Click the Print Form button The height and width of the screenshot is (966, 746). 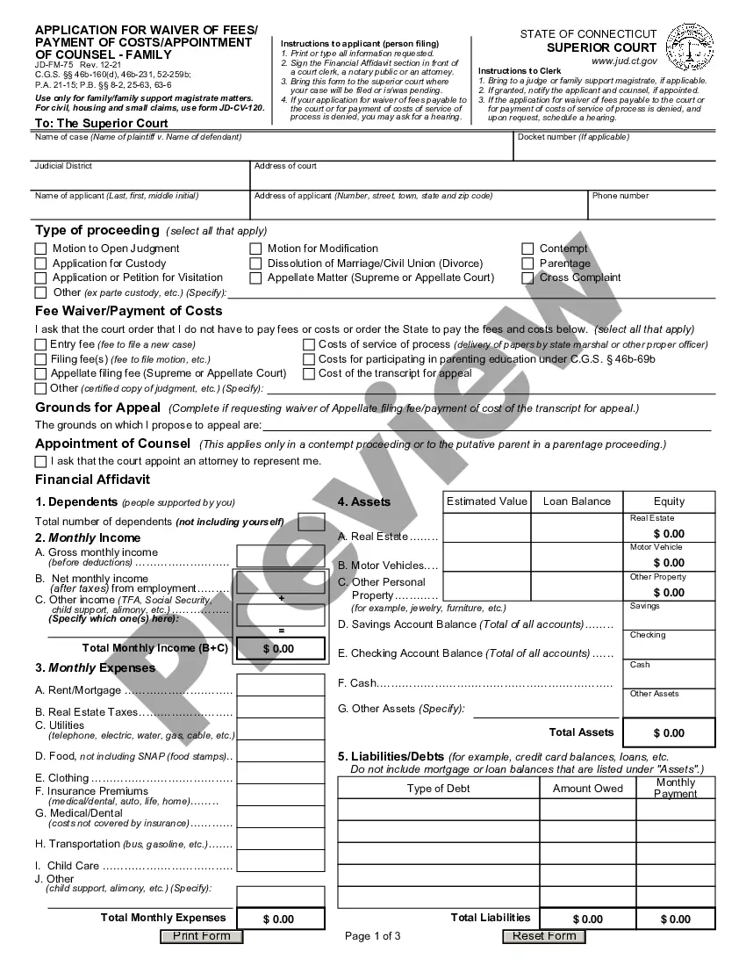tap(201, 936)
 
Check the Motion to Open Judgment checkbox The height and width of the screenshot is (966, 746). tap(41, 249)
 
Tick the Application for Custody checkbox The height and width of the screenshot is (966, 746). tap(41, 263)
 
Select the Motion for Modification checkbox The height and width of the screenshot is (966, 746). tap(256, 249)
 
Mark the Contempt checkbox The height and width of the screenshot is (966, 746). tap(528, 249)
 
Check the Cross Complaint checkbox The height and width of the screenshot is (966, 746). tap(528, 278)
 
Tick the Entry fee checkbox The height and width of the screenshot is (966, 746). tap(40, 344)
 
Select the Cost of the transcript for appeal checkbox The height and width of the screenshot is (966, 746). tap(309, 373)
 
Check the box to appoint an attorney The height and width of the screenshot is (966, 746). tap(40, 461)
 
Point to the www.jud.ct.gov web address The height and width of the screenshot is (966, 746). tap(624, 61)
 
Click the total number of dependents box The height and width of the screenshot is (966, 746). tap(311, 522)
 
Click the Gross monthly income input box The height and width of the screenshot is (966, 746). tap(281, 556)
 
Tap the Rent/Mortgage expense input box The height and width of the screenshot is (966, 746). tap(281, 686)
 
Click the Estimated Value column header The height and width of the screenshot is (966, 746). tap(487, 501)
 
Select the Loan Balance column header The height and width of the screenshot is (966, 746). tap(577, 501)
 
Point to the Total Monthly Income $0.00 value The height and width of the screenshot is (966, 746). tap(279, 649)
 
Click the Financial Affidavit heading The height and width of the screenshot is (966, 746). tap(92, 479)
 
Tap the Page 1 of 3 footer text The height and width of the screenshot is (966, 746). tap(373, 936)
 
